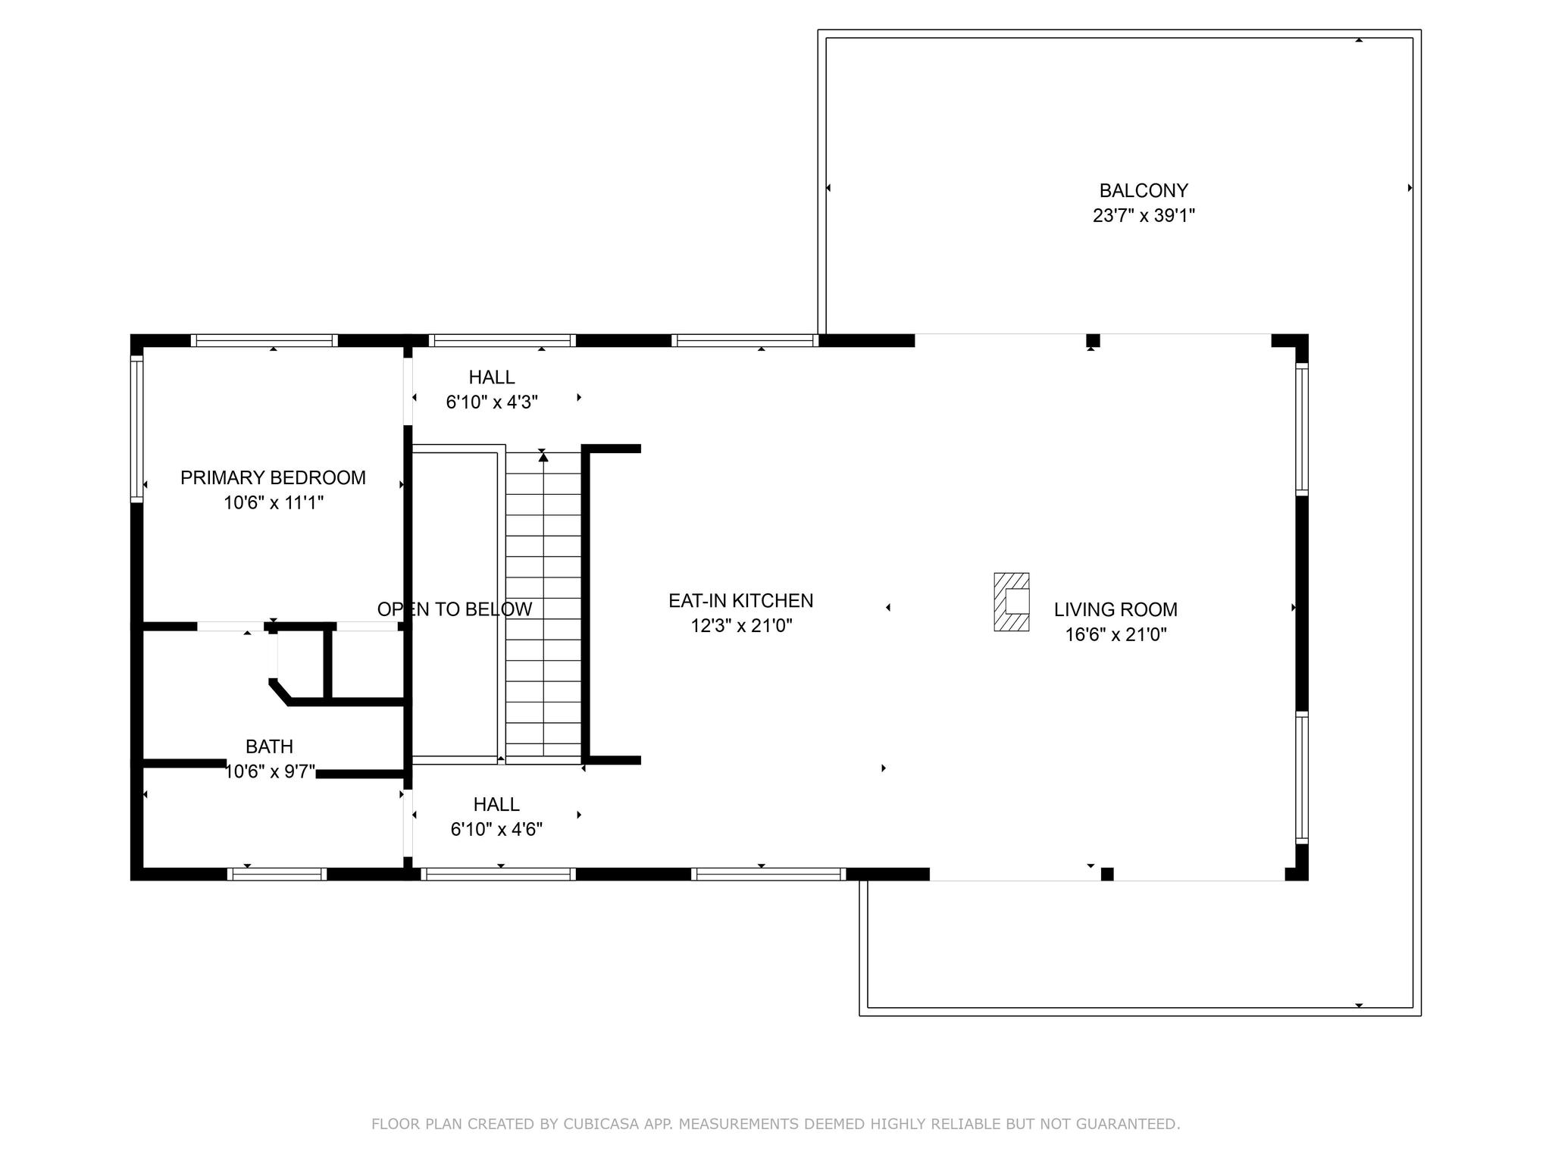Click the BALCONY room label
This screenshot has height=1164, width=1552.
[x=1144, y=190]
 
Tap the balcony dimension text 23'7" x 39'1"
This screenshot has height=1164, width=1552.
[x=1144, y=216]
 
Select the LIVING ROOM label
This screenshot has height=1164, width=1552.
[x=1115, y=609]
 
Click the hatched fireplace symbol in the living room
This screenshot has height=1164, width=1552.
[x=1012, y=602]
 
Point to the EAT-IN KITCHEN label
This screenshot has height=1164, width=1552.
[x=740, y=601]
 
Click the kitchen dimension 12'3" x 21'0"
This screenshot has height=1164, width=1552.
[x=741, y=626]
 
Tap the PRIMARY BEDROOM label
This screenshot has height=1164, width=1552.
[x=273, y=477]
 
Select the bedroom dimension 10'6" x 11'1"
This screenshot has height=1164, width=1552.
[x=273, y=502]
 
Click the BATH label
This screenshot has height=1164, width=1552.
[x=269, y=746]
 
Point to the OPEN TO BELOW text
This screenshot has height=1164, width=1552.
[x=455, y=609]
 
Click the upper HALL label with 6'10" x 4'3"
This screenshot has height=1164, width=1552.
[x=491, y=377]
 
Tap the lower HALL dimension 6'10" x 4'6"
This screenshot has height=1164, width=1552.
[x=496, y=830]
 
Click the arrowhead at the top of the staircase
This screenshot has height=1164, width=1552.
[x=543, y=456]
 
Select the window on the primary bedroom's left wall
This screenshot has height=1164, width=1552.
[x=136, y=430]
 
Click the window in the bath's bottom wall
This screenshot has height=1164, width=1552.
[x=277, y=874]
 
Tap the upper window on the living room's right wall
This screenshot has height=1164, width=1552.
[x=1301, y=430]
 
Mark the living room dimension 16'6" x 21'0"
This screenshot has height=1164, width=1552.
[x=1115, y=635]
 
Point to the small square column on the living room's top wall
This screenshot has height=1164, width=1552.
[x=1092, y=340]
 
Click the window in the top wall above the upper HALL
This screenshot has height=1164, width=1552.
[x=499, y=340]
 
